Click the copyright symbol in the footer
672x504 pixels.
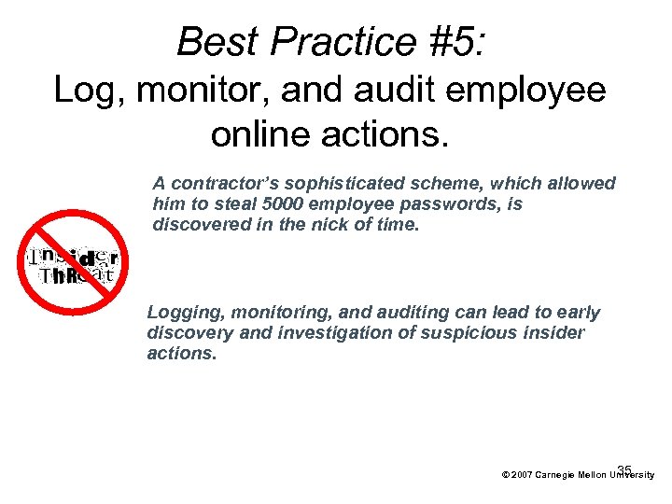505,475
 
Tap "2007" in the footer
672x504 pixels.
522,475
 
